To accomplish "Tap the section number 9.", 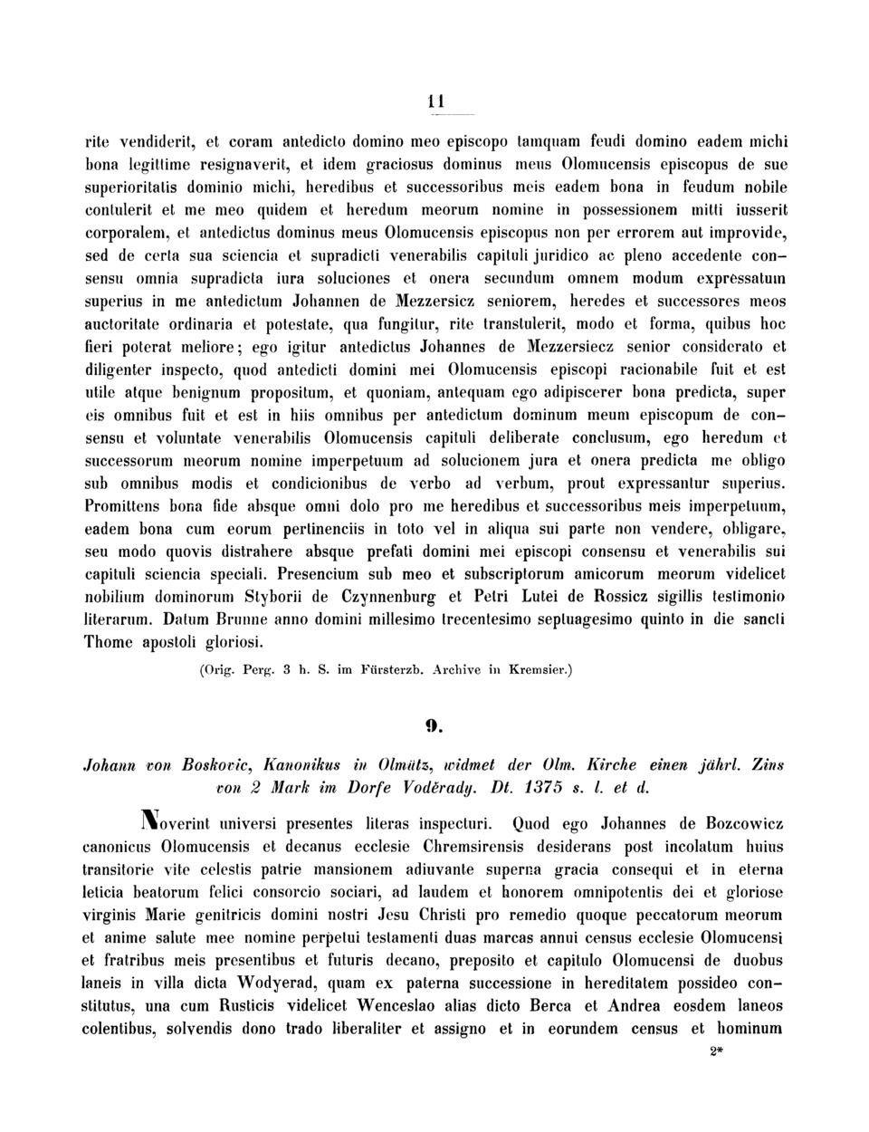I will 434,724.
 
